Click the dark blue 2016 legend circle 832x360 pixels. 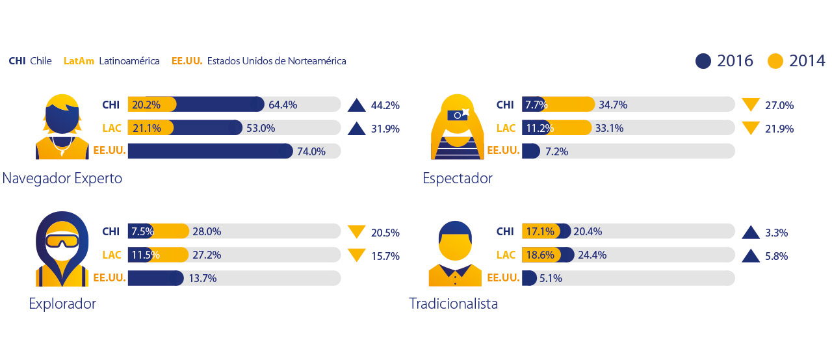pyautogui.click(x=703, y=61)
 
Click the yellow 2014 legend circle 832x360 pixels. pyautogui.click(x=775, y=61)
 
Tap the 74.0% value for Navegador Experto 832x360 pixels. pyautogui.click(x=311, y=151)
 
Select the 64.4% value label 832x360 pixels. pyautogui.click(x=283, y=105)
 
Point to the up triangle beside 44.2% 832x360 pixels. pyautogui.click(x=357, y=105)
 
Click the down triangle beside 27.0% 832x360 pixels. pyautogui.click(x=751, y=104)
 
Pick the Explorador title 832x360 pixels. pyautogui.click(x=62, y=303)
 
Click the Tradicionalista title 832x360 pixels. pyautogui.click(x=453, y=303)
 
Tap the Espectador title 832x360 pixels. pyautogui.click(x=458, y=178)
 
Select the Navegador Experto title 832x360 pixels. pyautogui.click(x=62, y=178)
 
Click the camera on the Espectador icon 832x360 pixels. pyautogui.click(x=458, y=114)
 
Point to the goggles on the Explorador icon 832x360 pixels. pyautogui.click(x=62, y=241)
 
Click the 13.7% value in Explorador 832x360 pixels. pyautogui.click(x=202, y=278)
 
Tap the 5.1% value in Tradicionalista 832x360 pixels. pyautogui.click(x=551, y=278)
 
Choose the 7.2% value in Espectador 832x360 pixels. pyautogui.click(x=557, y=151)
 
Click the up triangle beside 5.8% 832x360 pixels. pyautogui.click(x=751, y=255)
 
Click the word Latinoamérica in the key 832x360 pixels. pyautogui.click(x=129, y=61)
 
